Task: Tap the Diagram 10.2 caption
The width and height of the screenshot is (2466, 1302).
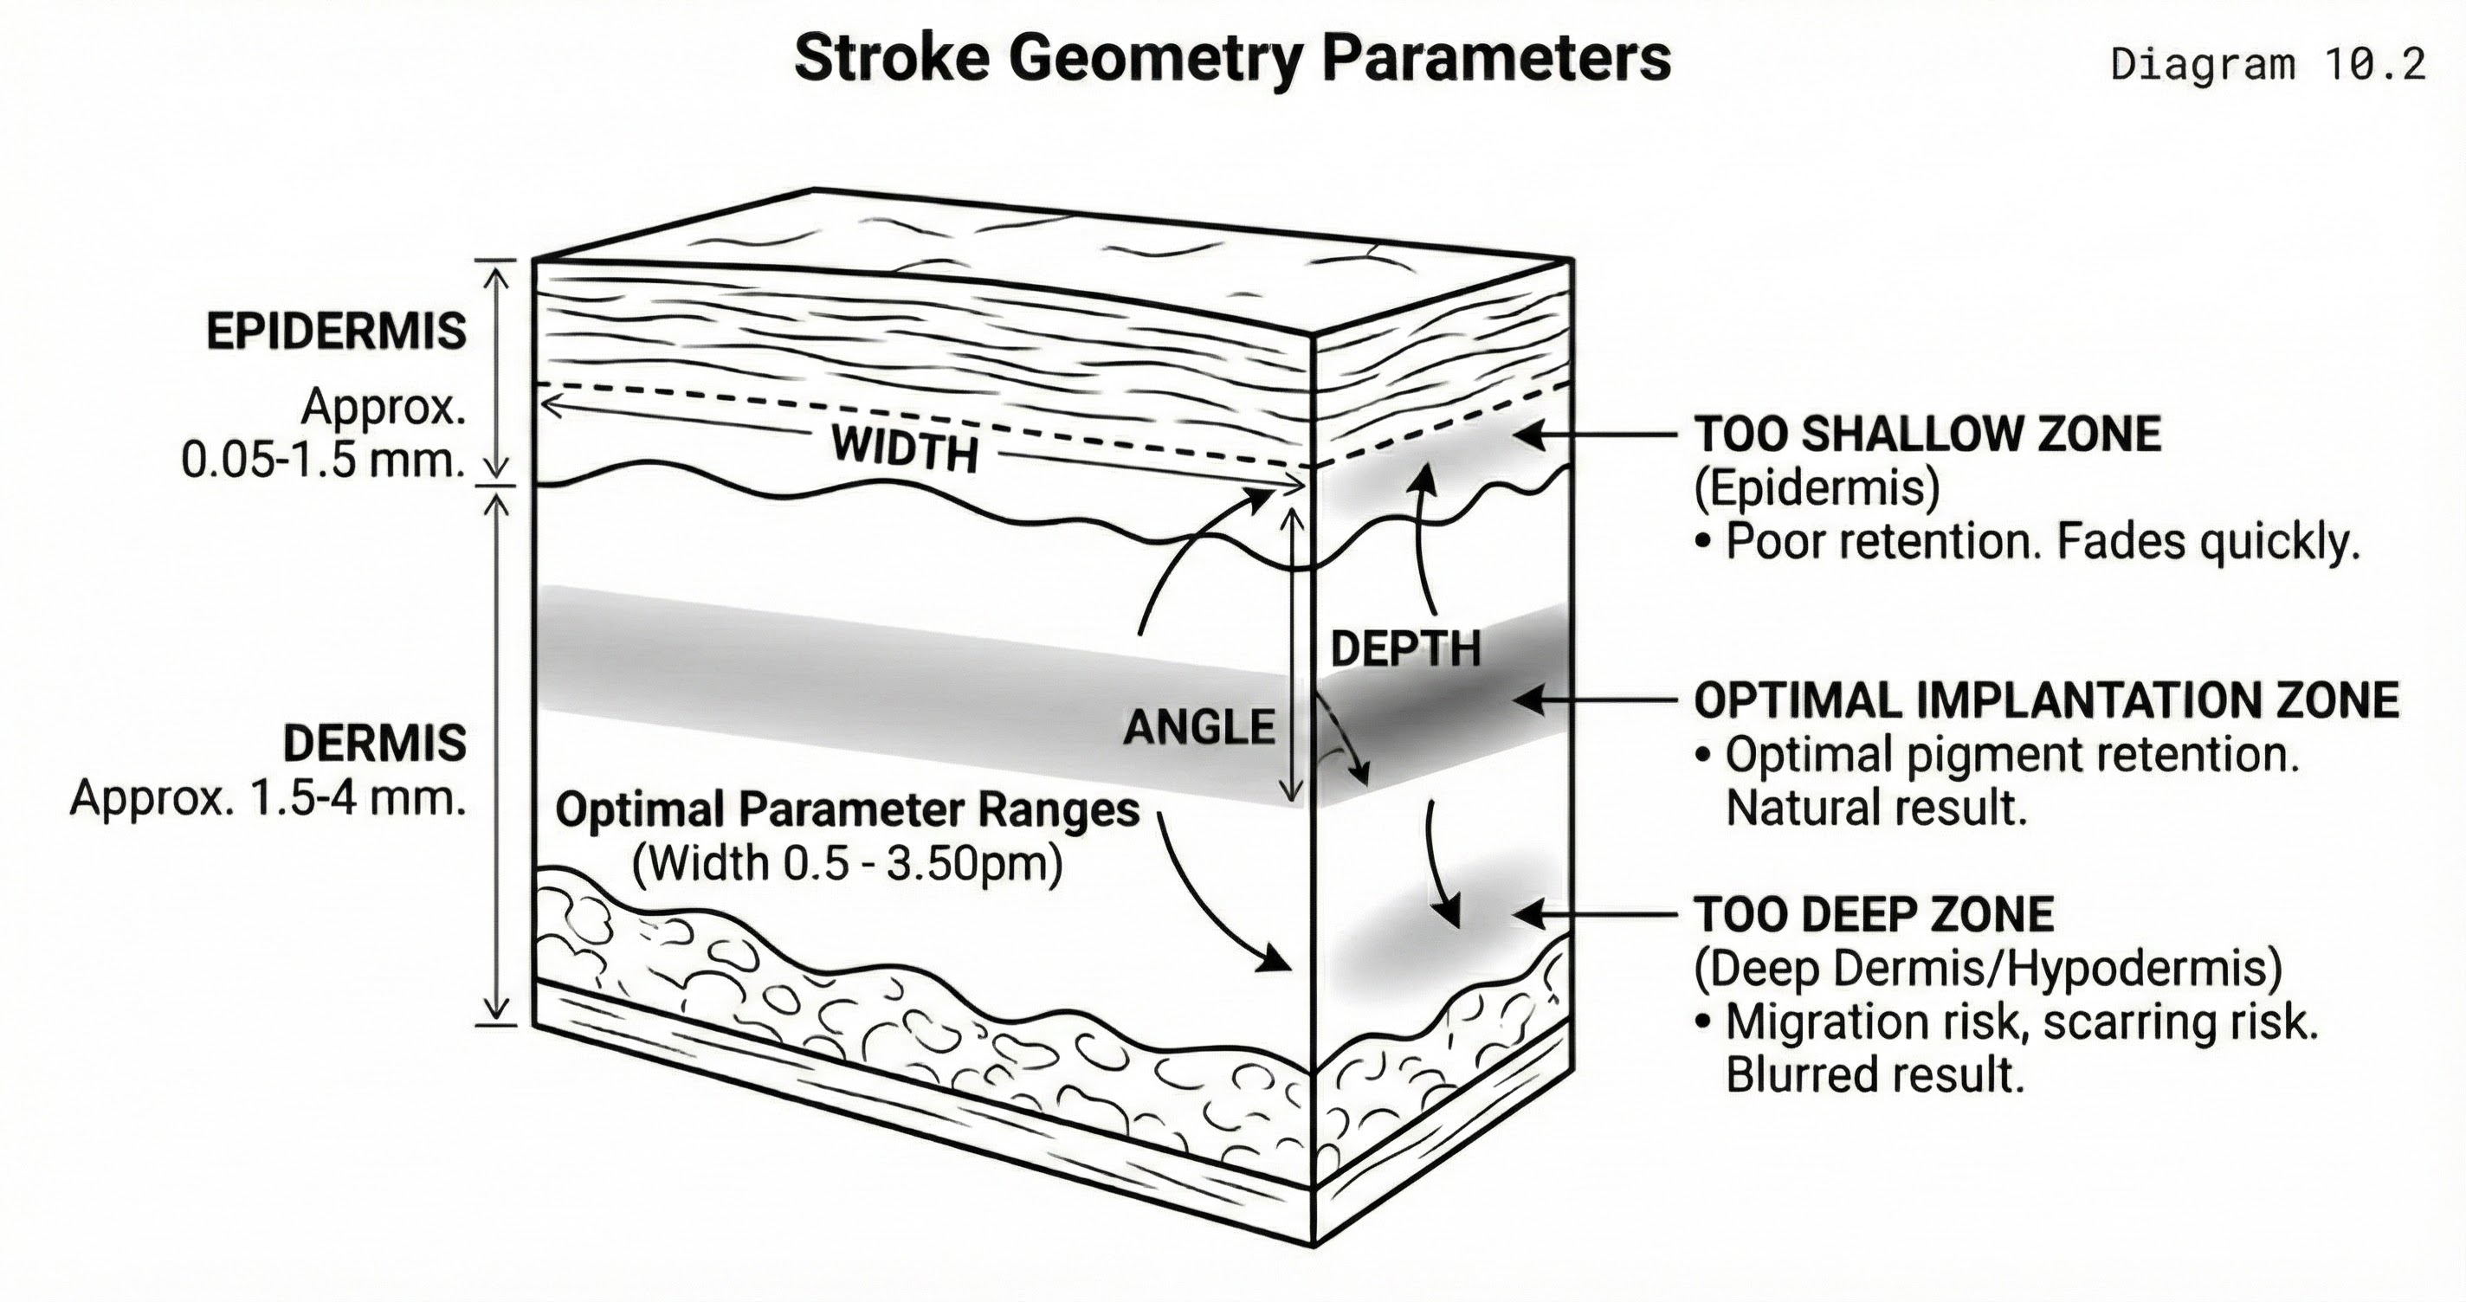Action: [2267, 64]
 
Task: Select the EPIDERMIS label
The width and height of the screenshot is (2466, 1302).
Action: [336, 332]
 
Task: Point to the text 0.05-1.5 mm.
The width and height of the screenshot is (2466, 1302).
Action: [323, 461]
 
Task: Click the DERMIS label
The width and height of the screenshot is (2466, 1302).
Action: [374, 743]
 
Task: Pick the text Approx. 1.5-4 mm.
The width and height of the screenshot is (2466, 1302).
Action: [268, 796]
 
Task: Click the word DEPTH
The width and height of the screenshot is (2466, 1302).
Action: [1405, 649]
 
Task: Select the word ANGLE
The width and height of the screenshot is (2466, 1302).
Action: [1198, 726]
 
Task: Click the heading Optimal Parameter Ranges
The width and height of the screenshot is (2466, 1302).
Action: [847, 810]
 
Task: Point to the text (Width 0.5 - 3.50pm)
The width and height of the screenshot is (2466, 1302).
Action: [847, 864]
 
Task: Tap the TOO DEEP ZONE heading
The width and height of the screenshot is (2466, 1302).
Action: [1874, 914]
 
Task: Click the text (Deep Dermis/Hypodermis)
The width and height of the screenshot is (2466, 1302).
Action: [1987, 968]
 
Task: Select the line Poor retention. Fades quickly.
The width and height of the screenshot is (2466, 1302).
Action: [2042, 542]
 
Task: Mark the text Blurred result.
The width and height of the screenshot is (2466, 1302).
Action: [1875, 1075]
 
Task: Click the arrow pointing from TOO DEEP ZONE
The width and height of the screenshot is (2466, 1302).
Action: [1593, 915]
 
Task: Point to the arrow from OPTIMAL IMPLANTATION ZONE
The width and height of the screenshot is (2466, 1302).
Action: [1593, 701]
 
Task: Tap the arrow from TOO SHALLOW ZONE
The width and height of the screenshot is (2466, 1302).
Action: [1593, 435]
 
